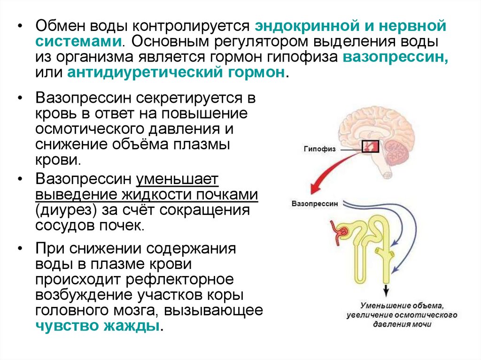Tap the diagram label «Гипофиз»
point(319,149)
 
